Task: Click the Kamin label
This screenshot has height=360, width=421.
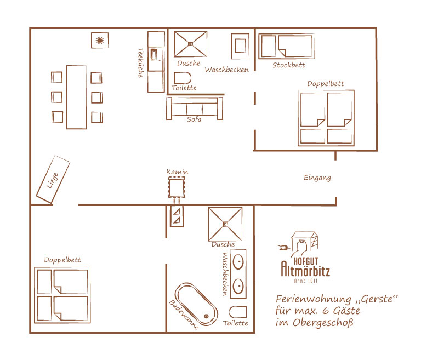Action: [x=177, y=172]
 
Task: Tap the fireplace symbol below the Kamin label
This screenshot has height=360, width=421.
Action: [x=177, y=188]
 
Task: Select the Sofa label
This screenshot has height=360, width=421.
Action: [x=194, y=119]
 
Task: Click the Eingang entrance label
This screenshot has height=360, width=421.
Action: [x=317, y=178]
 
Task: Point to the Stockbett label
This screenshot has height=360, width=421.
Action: [x=289, y=65]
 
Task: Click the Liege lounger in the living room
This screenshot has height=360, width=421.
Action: [x=53, y=179]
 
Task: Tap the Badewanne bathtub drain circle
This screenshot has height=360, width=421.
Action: [x=206, y=316]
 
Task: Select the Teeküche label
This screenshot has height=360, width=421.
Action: [x=140, y=63]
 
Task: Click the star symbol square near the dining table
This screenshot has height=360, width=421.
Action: [x=100, y=41]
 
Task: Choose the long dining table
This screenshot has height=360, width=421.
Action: [x=76, y=97]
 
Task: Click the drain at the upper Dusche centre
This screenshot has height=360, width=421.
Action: [x=191, y=44]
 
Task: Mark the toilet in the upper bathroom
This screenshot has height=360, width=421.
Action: [x=183, y=78]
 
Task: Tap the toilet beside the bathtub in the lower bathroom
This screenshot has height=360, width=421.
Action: [x=237, y=312]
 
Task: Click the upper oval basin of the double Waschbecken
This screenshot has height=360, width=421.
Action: [x=238, y=262]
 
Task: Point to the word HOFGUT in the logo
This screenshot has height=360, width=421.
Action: [x=305, y=261]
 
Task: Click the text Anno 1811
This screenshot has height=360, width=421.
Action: [x=306, y=281]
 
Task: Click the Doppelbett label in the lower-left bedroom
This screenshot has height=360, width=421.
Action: [x=62, y=260]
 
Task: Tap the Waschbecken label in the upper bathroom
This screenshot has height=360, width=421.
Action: [x=226, y=70]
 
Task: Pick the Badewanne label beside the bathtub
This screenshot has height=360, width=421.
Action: [x=184, y=315]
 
